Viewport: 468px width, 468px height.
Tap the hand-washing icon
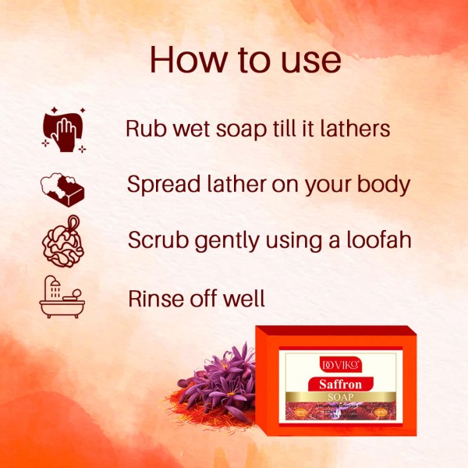click(62, 128)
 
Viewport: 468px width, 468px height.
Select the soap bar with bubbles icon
click(62, 188)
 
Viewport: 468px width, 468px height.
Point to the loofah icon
click(62, 242)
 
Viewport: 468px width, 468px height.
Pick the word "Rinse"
click(157, 297)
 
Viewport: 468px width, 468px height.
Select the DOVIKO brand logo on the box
click(342, 362)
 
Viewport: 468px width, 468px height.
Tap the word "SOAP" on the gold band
click(343, 397)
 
